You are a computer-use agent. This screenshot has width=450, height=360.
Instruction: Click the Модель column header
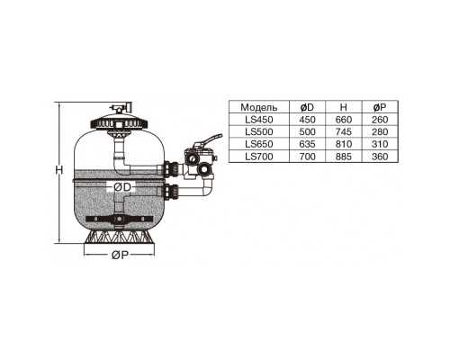(259, 107)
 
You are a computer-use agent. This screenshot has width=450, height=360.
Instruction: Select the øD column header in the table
(307, 107)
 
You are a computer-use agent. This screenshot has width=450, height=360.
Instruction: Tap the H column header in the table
(344, 107)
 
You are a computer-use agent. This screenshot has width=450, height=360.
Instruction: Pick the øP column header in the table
(380, 107)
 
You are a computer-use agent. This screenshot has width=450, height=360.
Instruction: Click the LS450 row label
(259, 120)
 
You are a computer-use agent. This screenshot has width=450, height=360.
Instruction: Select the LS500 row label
(259, 131)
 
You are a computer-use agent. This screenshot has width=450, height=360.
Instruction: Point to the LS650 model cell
(259, 144)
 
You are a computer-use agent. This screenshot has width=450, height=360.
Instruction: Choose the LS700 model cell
(259, 157)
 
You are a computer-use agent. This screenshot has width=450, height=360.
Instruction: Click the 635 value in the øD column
(307, 144)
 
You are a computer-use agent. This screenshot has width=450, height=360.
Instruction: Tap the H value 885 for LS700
(344, 157)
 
